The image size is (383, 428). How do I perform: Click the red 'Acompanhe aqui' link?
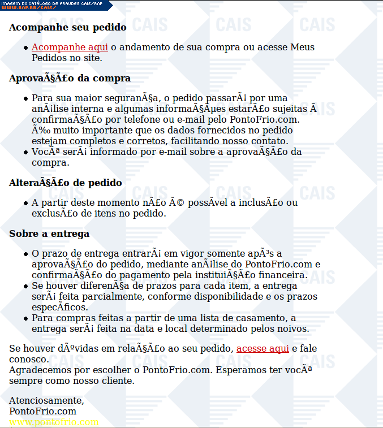[x=70, y=47]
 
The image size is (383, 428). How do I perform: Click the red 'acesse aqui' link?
[x=262, y=349]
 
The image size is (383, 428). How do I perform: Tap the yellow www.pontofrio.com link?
[x=54, y=422]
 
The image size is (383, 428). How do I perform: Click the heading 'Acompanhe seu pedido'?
[x=68, y=27]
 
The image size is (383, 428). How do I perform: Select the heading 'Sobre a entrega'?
[x=49, y=234]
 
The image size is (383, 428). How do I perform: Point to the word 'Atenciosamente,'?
[x=46, y=401]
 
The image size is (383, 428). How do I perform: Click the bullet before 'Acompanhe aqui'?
[x=26, y=48]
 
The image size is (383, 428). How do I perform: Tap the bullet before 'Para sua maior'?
[x=26, y=99]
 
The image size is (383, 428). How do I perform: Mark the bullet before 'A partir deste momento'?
[x=26, y=203]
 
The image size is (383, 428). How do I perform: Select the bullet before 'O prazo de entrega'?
[x=26, y=254]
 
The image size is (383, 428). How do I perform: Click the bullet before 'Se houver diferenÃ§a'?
[x=26, y=287]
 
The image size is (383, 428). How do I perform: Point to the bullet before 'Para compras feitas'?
[x=26, y=318]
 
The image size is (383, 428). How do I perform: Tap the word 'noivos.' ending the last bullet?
[x=293, y=328]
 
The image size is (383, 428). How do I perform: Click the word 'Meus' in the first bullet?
[x=302, y=47]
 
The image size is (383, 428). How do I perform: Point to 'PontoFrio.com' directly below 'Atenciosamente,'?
[x=42, y=412]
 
